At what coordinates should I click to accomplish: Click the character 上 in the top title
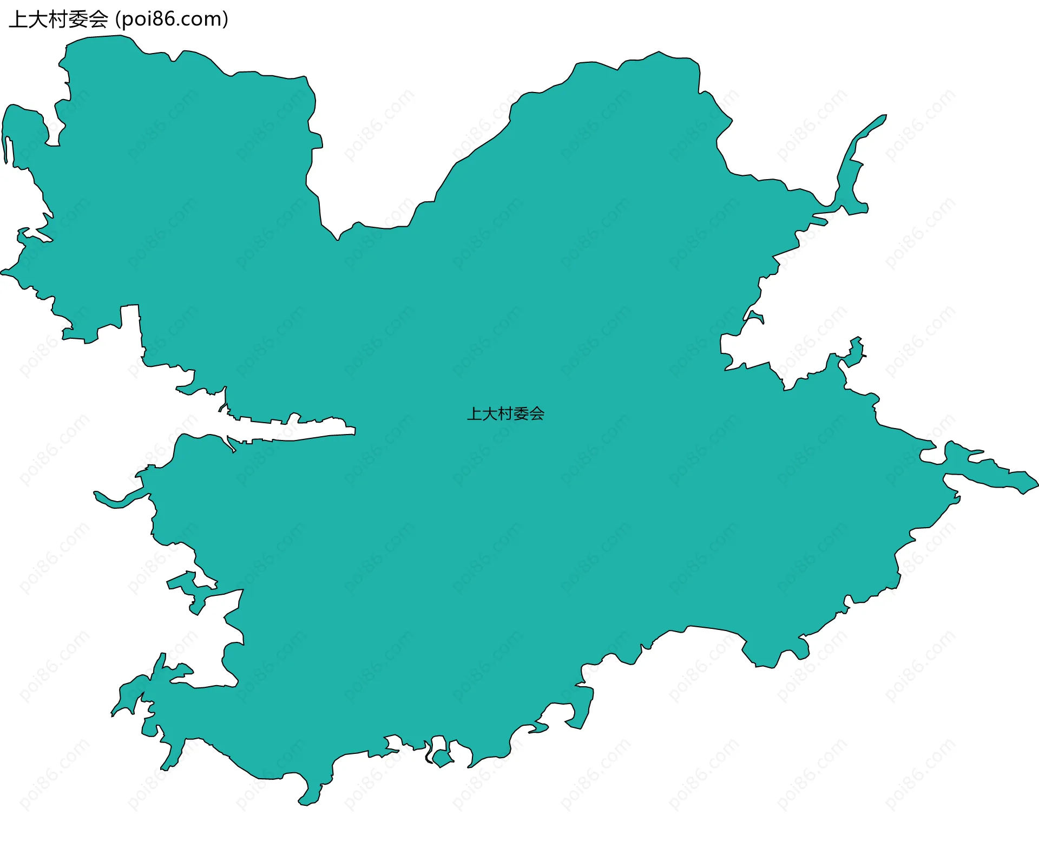(x=19, y=19)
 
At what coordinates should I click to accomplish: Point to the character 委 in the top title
(x=78, y=19)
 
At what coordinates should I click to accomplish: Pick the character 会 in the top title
(x=98, y=19)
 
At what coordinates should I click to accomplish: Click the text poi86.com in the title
(x=172, y=19)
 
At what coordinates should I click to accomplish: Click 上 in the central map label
(x=475, y=414)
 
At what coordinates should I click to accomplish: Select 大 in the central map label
(x=490, y=414)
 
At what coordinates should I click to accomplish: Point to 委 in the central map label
(x=521, y=414)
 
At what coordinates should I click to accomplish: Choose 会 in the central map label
(x=537, y=414)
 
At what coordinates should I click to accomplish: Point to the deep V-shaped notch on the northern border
(x=338, y=239)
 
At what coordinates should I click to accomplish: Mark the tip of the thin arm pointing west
(x=96, y=493)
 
